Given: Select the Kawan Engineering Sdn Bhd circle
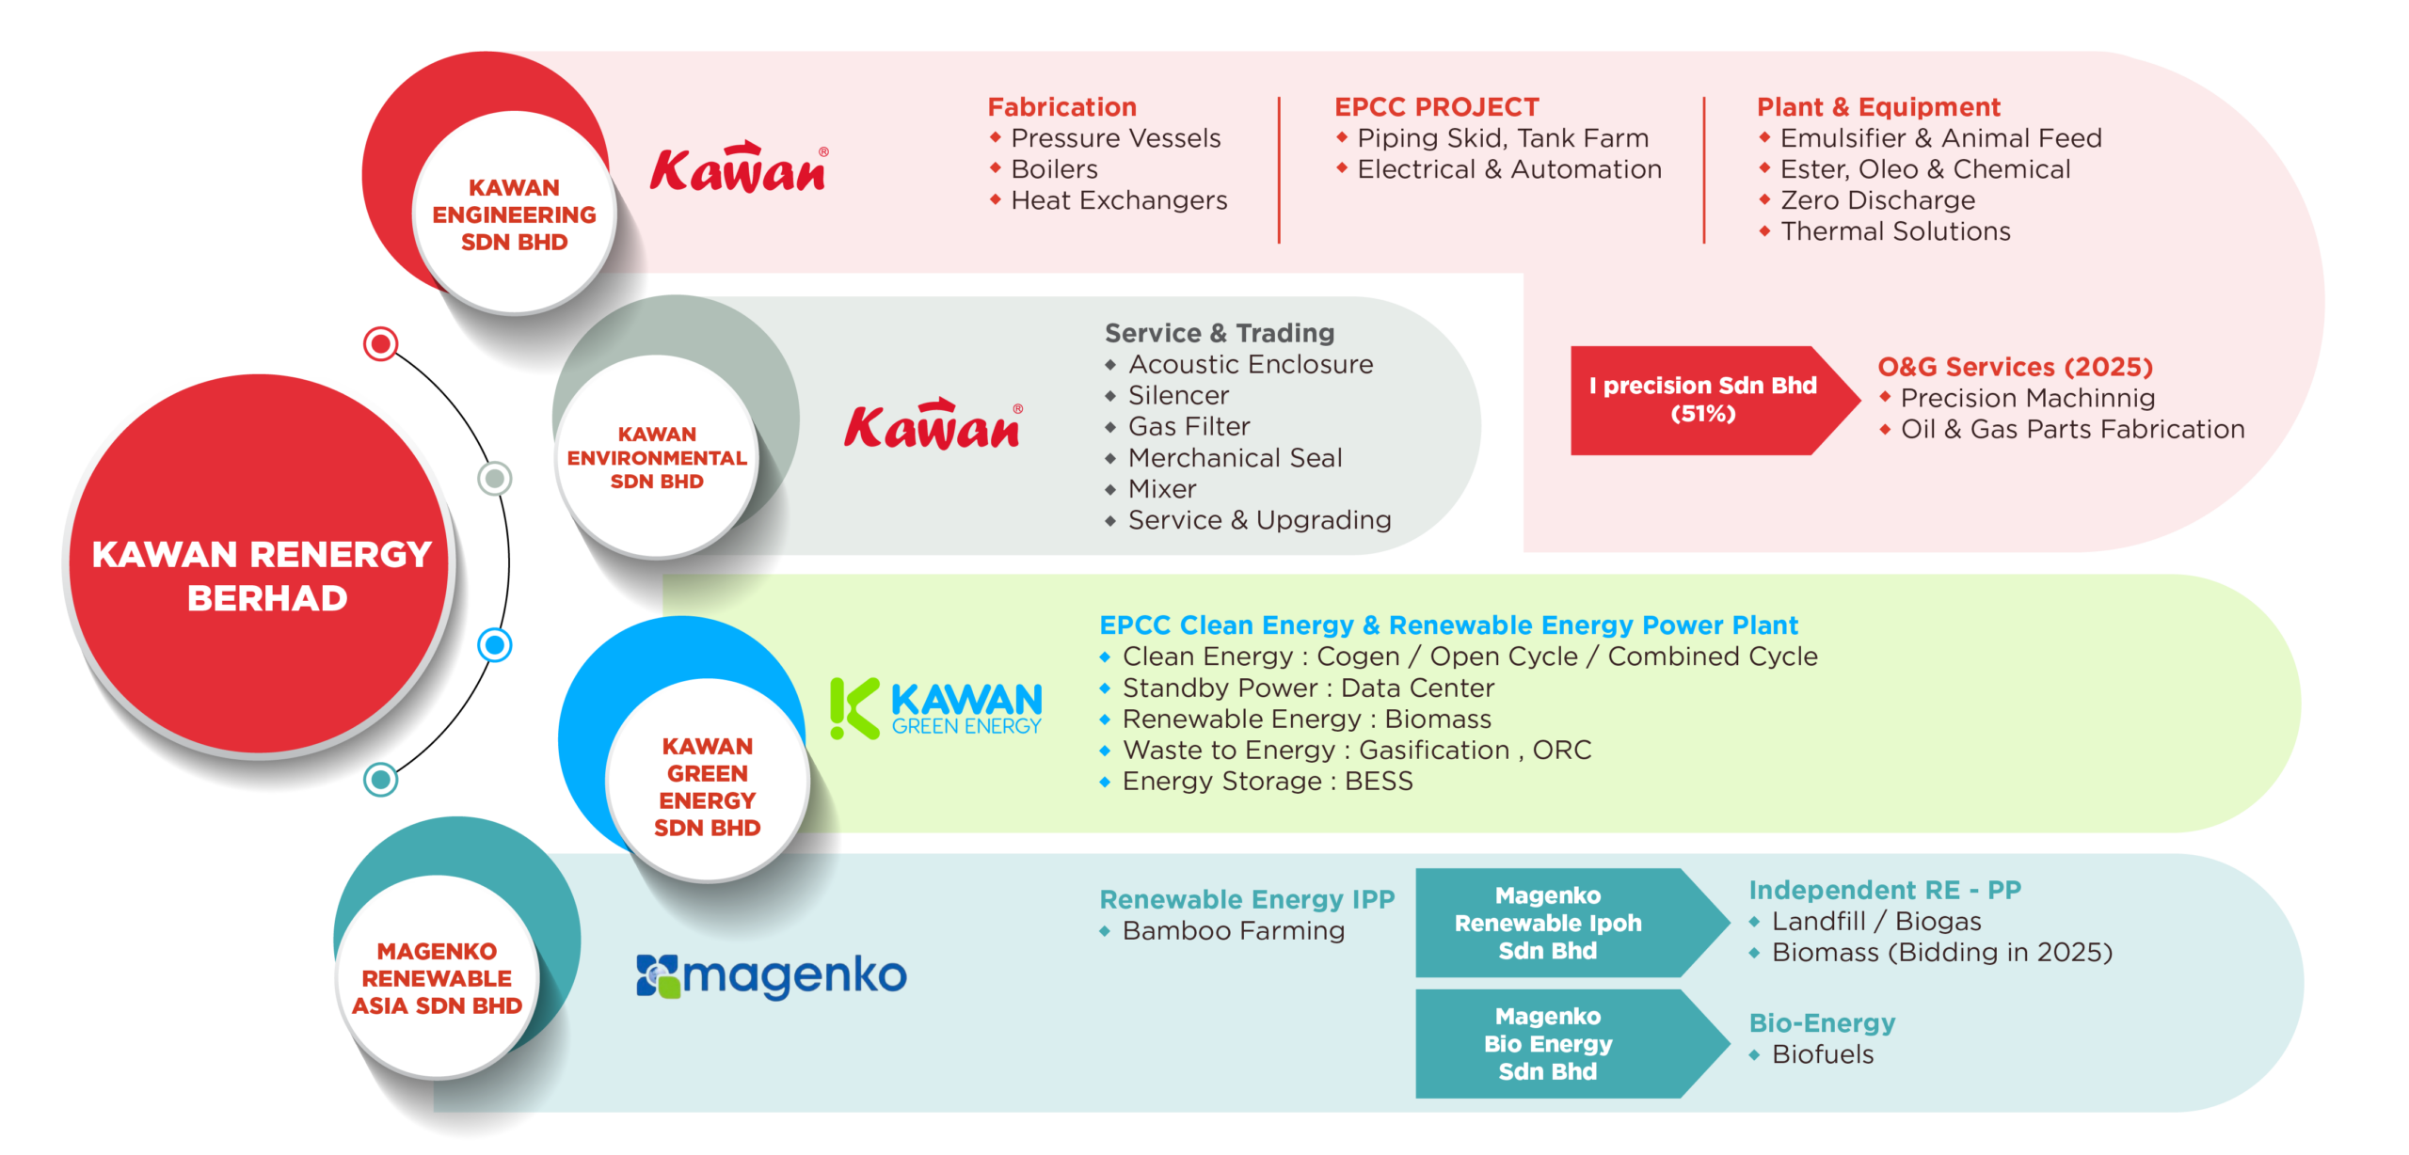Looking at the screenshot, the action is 514,213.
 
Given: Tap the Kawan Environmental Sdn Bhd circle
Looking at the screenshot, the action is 657,457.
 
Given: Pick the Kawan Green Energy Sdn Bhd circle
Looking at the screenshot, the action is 708,781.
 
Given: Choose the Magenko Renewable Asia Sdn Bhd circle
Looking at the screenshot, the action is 438,978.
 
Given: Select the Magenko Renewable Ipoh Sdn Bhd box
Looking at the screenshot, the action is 1571,923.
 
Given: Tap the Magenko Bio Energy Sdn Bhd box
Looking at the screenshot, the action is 1571,1043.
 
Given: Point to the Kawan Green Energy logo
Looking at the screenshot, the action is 936,708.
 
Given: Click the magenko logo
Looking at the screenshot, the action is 772,976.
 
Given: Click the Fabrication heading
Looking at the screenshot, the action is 1062,107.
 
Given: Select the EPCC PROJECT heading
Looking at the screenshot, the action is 1437,107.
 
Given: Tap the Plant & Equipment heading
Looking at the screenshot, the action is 1878,107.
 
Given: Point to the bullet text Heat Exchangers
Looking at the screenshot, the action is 1119,200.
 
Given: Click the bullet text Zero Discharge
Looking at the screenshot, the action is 1878,200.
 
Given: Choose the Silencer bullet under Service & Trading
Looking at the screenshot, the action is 1178,395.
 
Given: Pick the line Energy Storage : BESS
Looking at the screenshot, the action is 1268,782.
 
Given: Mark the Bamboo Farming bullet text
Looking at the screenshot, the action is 1234,931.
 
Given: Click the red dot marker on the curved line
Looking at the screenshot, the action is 381,344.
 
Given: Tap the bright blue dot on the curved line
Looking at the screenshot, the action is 495,645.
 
